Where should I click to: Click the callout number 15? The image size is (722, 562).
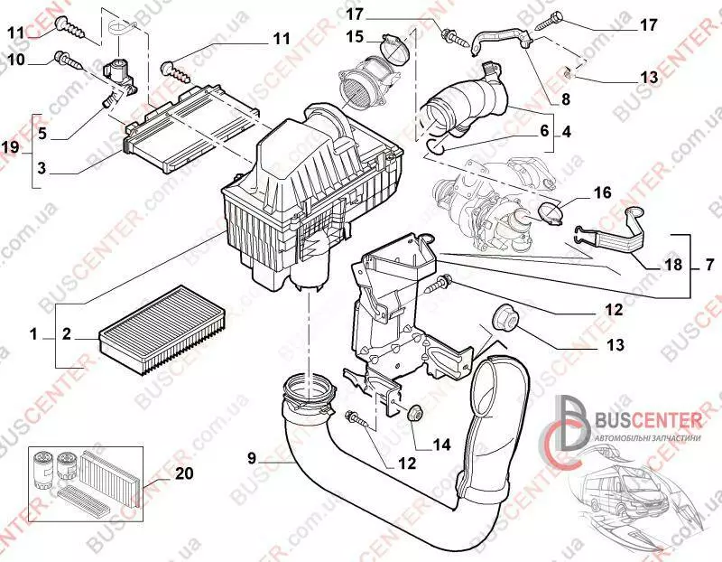click(355, 36)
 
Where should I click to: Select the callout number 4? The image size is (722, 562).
click(566, 130)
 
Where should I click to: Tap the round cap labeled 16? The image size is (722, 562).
click(551, 213)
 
